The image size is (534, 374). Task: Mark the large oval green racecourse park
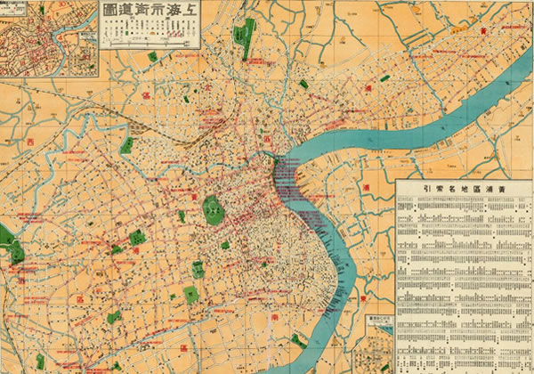coord(213,210)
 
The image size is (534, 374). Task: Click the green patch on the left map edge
coord(7,236)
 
